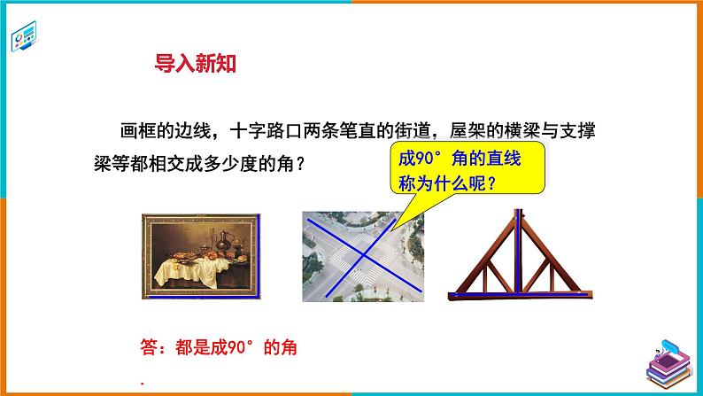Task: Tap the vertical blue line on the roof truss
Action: tap(515, 257)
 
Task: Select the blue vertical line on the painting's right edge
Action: tap(259, 257)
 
